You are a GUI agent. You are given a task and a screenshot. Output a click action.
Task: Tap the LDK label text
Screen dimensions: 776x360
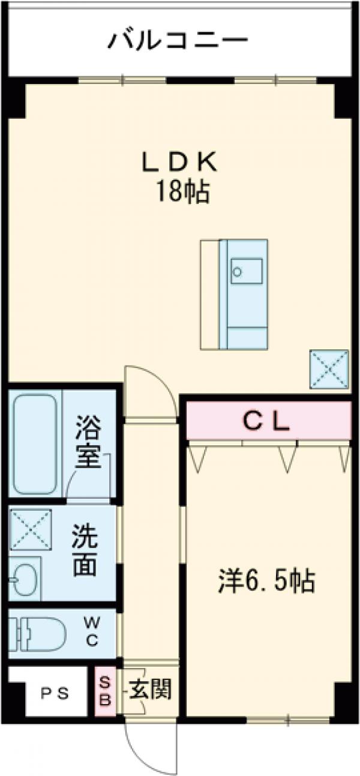point(178,162)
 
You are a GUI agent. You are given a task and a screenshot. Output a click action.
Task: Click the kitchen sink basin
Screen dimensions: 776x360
point(247,272)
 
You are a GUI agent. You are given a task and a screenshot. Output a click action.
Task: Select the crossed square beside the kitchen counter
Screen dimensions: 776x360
point(329,368)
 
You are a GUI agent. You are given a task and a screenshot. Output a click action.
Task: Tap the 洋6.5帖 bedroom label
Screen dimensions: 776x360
point(266,580)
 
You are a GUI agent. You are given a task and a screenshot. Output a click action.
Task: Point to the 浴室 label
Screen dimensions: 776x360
point(88,444)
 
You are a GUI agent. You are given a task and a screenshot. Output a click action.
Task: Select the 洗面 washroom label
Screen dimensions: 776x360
point(85,550)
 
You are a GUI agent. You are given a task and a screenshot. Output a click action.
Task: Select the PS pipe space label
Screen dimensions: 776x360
point(55,693)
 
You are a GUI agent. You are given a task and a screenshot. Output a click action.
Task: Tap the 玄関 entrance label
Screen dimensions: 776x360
point(150,690)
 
